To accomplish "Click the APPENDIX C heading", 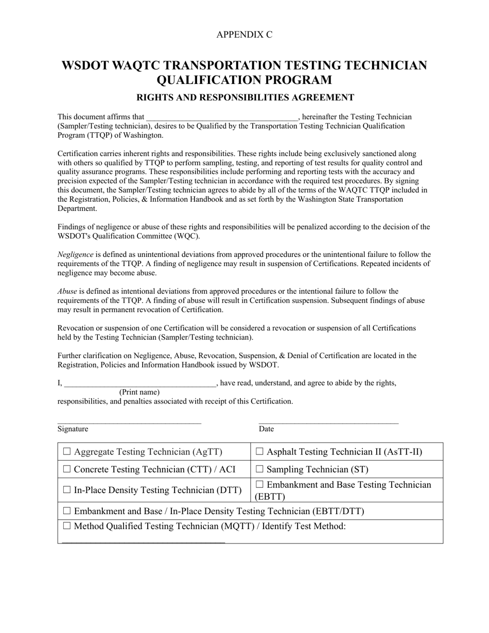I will pyautogui.click(x=244, y=34).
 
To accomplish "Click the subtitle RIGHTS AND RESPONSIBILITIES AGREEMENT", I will pyautogui.click(x=244, y=97).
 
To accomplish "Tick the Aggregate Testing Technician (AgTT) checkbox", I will pyautogui.click(x=67, y=452).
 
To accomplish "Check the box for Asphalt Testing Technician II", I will pyautogui.click(x=259, y=452).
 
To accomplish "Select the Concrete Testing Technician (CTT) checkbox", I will pyautogui.click(x=67, y=469).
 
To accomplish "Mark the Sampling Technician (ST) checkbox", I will pyautogui.click(x=259, y=469).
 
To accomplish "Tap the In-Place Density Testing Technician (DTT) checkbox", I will pyautogui.click(x=67, y=490).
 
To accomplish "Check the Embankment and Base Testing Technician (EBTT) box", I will pyautogui.click(x=259, y=485).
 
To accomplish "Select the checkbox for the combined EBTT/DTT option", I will pyautogui.click(x=67, y=511).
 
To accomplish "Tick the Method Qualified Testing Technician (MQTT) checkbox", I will pyautogui.click(x=67, y=526).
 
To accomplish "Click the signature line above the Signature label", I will pyautogui.click(x=129, y=423).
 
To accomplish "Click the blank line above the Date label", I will pyautogui.click(x=328, y=423).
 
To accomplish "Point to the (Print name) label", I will pyautogui.click(x=139, y=392).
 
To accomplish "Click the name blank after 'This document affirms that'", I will pyautogui.click(x=222, y=118).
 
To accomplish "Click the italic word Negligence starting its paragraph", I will pyautogui.click(x=75, y=255).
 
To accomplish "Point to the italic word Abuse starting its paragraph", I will pyautogui.click(x=67, y=291).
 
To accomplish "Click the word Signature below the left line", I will pyautogui.click(x=73, y=429).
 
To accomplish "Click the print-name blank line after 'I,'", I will pyautogui.click(x=139, y=384).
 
